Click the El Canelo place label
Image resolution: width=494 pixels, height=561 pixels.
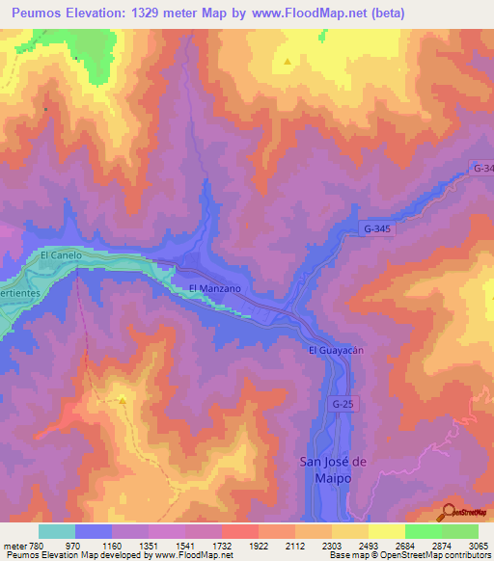click(59, 255)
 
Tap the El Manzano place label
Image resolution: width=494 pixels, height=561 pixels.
click(214, 288)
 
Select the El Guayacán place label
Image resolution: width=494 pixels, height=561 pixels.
click(335, 350)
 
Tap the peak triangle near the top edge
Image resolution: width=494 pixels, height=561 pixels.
click(288, 64)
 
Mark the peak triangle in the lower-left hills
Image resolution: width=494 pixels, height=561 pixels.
click(123, 398)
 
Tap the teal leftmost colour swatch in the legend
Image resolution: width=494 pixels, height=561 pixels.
click(57, 531)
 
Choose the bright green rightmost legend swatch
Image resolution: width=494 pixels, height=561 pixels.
click(460, 531)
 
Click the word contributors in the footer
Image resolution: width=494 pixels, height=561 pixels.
click(466, 555)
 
